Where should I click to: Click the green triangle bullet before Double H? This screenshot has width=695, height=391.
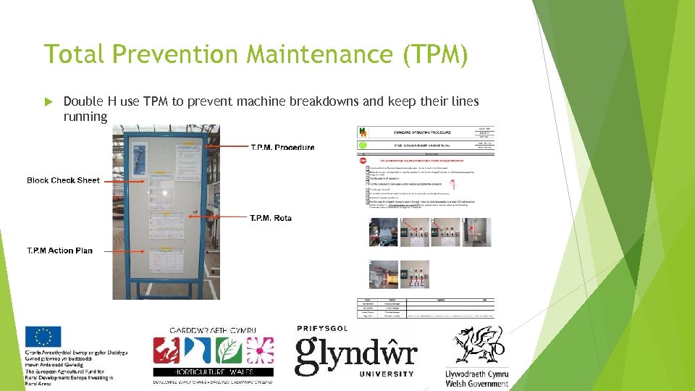click(49, 101)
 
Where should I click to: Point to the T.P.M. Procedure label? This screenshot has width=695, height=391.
click(282, 148)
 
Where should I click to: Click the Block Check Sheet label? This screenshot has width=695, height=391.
click(63, 180)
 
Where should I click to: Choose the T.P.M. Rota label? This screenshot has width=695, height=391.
click(271, 218)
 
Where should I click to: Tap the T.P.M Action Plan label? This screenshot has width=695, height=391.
click(59, 251)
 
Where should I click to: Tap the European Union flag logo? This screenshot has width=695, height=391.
click(43, 337)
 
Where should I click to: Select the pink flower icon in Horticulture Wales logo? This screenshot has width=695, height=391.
click(258, 350)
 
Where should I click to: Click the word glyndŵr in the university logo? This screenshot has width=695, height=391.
click(355, 354)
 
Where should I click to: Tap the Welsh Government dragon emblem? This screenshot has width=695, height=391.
click(477, 346)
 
